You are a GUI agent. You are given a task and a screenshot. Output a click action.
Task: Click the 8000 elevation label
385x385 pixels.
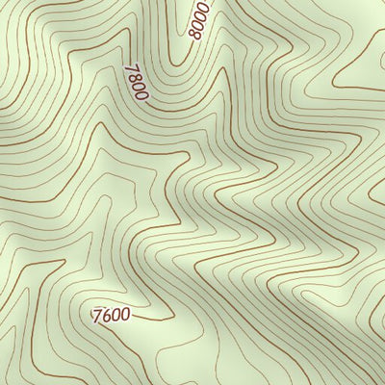point(199,21)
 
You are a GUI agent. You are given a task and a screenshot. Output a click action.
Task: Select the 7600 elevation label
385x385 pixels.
point(112,315)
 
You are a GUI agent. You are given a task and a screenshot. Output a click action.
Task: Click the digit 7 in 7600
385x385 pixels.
point(97,314)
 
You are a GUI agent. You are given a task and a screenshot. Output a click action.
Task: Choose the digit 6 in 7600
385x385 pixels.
point(107,315)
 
